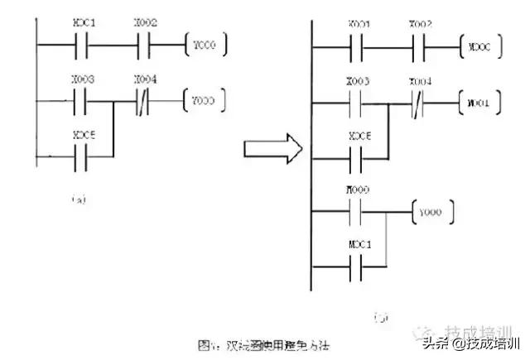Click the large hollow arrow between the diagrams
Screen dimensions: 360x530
point(270,150)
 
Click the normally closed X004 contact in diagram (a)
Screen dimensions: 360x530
point(142,103)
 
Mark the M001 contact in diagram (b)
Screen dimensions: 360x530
point(359,266)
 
